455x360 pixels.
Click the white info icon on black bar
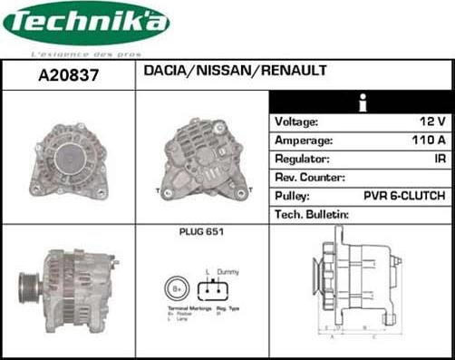pos(363,102)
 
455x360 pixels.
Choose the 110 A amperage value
pos(427,141)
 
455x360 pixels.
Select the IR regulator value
pos(439,160)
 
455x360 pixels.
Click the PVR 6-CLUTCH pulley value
pos(403,196)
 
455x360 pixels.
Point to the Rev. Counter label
pos(309,178)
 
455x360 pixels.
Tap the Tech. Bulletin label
pos(311,215)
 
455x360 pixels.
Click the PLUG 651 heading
pos(201,233)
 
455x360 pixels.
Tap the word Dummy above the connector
pos(227,270)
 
